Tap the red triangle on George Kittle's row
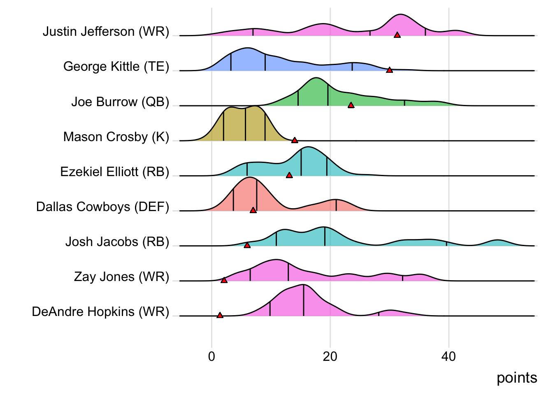click(x=389, y=70)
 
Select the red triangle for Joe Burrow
click(x=351, y=105)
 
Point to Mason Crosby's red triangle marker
click(x=295, y=140)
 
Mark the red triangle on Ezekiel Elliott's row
click(x=289, y=175)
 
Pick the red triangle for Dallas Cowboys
click(x=253, y=210)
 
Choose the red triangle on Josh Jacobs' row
click(x=247, y=245)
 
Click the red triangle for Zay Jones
click(x=224, y=280)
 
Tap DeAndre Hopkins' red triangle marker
click(x=220, y=315)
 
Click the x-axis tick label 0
click(x=211, y=356)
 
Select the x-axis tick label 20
click(x=330, y=356)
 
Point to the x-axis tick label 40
click(x=448, y=356)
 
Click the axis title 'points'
click(x=517, y=378)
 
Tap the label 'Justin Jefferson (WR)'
click(x=106, y=32)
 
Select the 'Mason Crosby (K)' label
click(x=116, y=137)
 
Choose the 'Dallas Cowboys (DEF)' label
click(x=102, y=207)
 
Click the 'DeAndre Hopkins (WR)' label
click(x=100, y=312)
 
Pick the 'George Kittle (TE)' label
click(x=116, y=67)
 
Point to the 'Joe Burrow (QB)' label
click(x=120, y=102)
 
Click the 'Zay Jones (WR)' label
click(x=121, y=277)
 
